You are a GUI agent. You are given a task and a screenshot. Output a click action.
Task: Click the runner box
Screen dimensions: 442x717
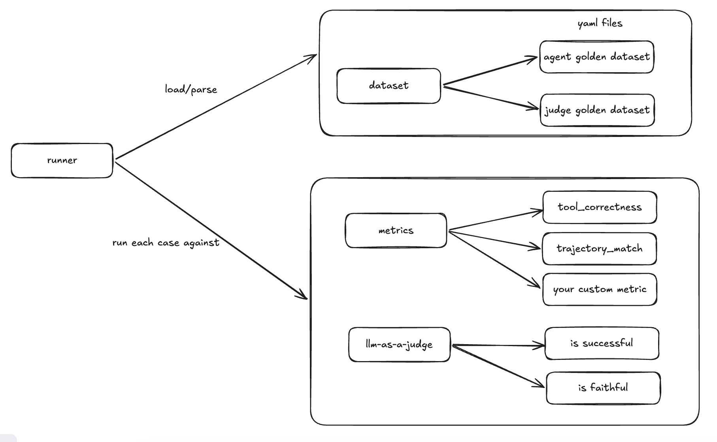point(62,161)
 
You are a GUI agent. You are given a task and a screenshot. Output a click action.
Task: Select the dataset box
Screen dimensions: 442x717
point(389,86)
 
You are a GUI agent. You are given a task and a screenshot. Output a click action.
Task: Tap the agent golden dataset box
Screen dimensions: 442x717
point(596,57)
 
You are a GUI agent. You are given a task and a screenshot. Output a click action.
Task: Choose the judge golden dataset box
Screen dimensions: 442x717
point(597,110)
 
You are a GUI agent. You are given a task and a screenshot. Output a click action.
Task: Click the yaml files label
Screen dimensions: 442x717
point(600,23)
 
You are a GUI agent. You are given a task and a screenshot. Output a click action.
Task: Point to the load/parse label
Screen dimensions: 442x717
point(191,90)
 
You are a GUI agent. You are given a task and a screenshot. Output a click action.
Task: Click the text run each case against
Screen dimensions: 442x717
point(166,243)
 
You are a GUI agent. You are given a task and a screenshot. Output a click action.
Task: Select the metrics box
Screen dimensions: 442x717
point(396,231)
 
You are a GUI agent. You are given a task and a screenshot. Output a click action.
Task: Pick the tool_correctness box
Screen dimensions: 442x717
point(600,208)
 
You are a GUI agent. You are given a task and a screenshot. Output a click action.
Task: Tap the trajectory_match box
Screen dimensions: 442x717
point(599,249)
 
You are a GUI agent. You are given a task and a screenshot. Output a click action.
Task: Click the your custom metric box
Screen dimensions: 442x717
point(600,290)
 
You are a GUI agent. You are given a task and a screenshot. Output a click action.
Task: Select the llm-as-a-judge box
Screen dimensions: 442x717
point(399,345)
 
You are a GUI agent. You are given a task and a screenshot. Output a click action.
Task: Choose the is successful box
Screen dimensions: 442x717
point(602,343)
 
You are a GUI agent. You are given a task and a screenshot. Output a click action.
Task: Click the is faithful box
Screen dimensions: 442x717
point(603,388)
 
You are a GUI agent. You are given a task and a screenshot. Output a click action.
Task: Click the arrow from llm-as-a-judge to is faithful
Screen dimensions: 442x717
point(498,366)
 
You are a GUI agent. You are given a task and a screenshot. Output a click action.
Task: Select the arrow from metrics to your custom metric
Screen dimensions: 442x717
point(494,259)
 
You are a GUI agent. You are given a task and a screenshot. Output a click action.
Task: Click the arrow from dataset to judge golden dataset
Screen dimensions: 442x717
point(490,97)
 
